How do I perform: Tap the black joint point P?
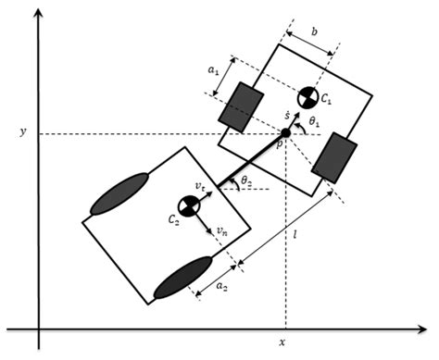284,134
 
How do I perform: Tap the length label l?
295,239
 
